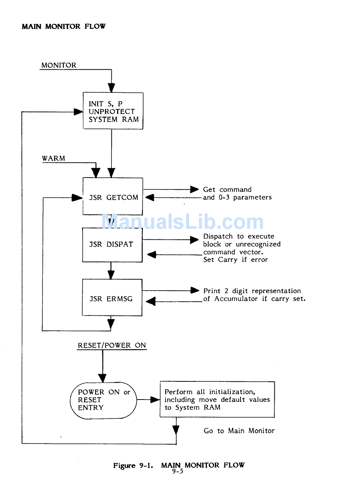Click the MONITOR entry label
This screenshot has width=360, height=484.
(59, 65)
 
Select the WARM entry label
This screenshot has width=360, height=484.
(53, 158)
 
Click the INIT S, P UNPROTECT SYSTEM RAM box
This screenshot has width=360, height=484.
(113, 111)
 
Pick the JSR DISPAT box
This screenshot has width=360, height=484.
(112, 245)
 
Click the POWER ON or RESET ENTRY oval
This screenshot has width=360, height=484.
(103, 400)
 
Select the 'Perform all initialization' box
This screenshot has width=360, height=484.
(217, 400)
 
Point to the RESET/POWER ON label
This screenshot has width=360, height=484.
(112, 345)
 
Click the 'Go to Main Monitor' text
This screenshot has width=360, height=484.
(239, 431)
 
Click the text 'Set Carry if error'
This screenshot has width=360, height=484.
(235, 260)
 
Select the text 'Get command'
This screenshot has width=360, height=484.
(227, 189)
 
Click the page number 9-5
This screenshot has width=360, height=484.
(177, 472)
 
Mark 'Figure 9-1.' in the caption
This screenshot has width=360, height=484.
(133, 465)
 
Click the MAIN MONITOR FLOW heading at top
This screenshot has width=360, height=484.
(64, 27)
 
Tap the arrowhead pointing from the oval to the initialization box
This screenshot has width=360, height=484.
(155, 400)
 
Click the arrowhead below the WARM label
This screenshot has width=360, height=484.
(96, 173)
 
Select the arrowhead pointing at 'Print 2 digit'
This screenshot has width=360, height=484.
(195, 290)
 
